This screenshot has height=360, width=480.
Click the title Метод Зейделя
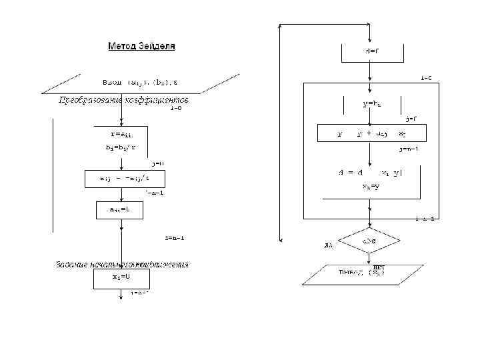141,47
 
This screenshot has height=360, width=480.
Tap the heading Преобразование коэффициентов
124,100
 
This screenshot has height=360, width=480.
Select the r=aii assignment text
121,133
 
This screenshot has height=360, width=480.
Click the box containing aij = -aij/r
124,178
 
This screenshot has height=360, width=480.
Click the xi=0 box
121,277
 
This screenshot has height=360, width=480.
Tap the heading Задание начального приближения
121,264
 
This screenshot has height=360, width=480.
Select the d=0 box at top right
371,51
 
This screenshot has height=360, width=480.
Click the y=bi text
371,104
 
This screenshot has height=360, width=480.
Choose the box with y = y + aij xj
371,133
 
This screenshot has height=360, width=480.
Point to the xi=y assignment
371,187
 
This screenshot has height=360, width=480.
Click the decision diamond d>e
371,240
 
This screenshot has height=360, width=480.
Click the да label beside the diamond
328,245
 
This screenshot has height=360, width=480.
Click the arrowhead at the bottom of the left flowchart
121,299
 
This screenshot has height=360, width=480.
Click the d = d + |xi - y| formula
371,173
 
